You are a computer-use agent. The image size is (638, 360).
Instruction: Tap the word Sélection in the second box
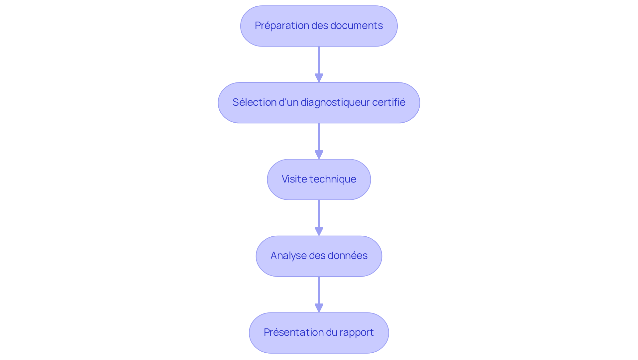point(254,102)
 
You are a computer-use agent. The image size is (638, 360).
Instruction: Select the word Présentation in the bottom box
point(289,332)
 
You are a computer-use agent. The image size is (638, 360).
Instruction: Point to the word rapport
point(358,332)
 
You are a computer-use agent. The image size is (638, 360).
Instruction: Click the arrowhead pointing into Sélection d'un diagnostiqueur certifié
point(319,78)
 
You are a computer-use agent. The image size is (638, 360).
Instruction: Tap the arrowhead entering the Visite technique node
point(319,155)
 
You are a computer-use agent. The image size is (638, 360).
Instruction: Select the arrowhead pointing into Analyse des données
point(319,232)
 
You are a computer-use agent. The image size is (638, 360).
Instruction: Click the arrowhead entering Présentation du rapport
point(319,308)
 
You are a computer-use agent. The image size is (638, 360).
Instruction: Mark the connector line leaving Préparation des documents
point(319,60)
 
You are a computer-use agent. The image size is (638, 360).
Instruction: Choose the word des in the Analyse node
point(317,256)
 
